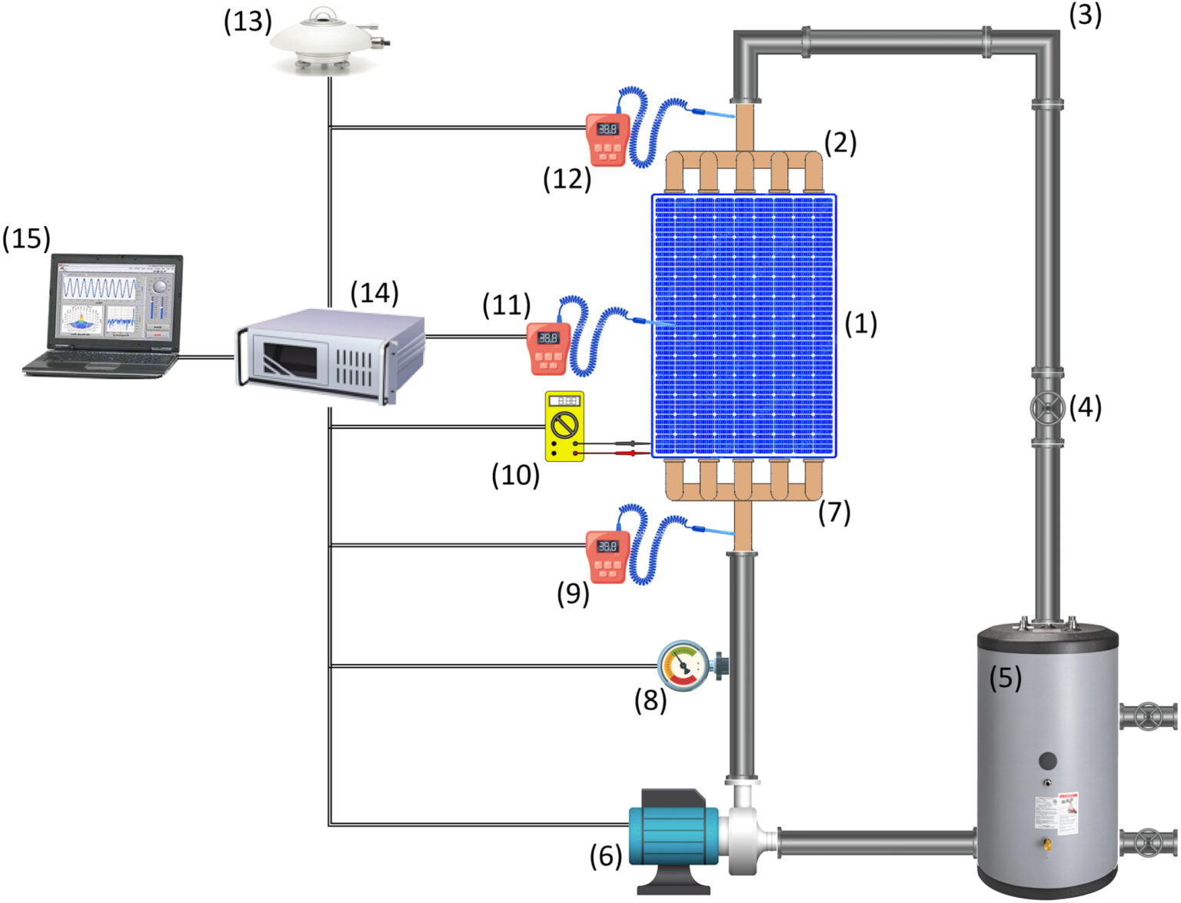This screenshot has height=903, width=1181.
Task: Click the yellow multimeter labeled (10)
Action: [564, 426]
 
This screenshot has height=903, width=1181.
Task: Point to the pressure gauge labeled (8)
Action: [684, 664]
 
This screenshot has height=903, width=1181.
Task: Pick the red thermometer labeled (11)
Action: [548, 347]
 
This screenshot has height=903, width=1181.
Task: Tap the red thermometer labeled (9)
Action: [608, 556]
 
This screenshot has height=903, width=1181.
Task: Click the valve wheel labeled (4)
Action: [1046, 408]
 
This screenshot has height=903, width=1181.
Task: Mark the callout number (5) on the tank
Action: [1005, 678]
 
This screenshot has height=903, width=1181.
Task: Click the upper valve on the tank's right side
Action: [1147, 716]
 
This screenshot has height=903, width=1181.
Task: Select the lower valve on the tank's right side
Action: [1147, 842]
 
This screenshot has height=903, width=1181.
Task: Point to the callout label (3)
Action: [1085, 15]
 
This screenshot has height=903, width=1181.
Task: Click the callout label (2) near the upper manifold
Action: [840, 142]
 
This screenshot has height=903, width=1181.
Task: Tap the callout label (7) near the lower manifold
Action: [834, 512]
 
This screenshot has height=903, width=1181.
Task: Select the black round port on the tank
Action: [1047, 762]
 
